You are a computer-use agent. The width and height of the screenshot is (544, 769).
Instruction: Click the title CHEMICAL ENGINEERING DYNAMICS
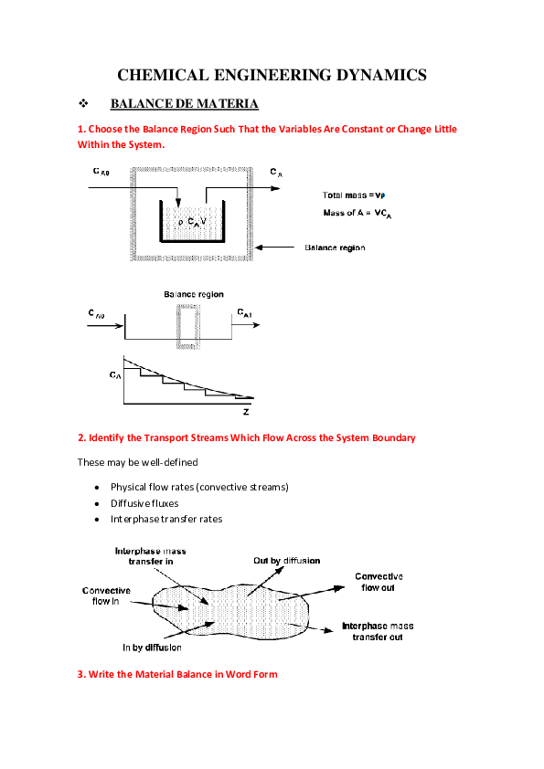272,75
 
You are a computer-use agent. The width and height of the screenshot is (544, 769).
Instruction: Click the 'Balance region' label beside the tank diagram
335,248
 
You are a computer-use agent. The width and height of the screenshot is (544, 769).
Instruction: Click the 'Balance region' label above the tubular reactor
194,294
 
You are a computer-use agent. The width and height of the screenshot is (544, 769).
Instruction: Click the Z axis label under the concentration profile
245,412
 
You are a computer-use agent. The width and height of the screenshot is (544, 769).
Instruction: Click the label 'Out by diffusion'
286,560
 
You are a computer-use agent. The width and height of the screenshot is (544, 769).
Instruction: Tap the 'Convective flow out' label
379,582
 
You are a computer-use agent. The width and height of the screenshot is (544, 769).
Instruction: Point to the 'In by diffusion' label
151,648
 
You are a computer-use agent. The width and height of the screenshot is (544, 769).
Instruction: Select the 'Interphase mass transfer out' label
377,631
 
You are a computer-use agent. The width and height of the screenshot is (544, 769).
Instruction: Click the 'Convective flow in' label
106,596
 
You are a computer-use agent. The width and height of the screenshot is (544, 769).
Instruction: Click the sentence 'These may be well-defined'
138,462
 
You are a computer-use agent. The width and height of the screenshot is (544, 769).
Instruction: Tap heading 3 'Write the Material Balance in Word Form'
177,674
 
